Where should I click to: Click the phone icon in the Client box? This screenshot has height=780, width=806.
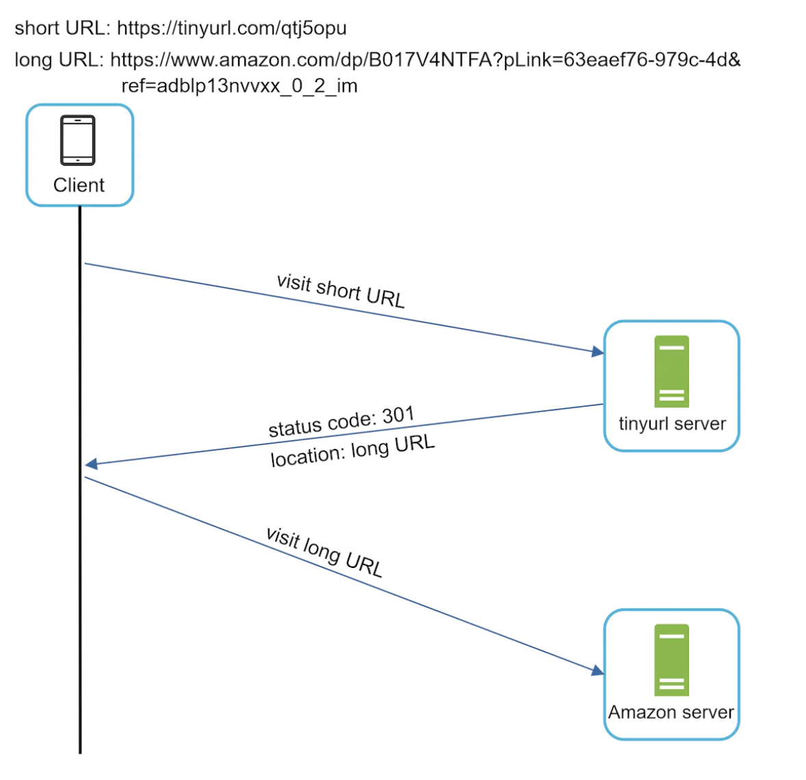(78, 140)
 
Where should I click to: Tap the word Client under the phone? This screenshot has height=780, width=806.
(79, 185)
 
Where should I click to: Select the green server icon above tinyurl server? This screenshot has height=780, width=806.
(671, 372)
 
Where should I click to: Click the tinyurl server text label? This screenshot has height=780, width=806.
(672, 424)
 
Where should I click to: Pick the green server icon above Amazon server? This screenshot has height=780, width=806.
(671, 660)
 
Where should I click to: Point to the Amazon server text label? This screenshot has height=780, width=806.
(671, 712)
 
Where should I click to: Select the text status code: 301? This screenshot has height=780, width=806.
(341, 422)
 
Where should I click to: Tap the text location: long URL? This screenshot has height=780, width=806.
(352, 450)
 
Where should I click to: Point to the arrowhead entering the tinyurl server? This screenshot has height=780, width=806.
(598, 352)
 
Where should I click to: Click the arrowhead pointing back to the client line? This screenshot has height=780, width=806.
(91, 465)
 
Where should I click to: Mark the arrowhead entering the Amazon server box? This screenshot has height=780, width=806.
(598, 671)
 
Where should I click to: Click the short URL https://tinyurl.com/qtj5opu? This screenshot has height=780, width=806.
(231, 28)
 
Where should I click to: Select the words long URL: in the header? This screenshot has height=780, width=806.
(59, 60)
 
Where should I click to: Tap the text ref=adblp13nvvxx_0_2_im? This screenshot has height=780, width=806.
(239, 86)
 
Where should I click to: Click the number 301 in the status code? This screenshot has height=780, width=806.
(398, 415)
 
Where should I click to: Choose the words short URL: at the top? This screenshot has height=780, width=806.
(62, 28)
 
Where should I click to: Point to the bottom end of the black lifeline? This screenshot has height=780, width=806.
(80, 751)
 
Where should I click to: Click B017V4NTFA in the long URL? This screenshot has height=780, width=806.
(430, 60)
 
